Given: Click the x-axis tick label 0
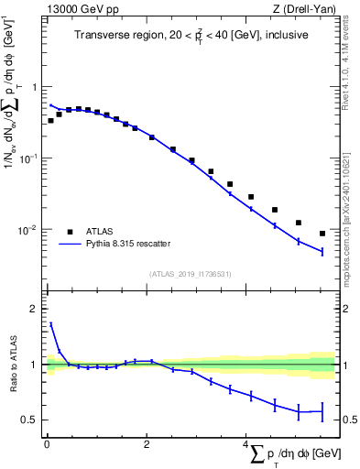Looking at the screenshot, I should [x=47, y=445].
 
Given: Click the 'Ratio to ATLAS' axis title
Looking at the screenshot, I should [x=12, y=365].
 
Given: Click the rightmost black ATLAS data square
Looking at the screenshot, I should [x=322, y=234].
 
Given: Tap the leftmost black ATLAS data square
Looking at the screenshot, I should [x=51, y=120].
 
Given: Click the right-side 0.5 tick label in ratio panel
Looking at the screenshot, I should [x=346, y=420].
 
